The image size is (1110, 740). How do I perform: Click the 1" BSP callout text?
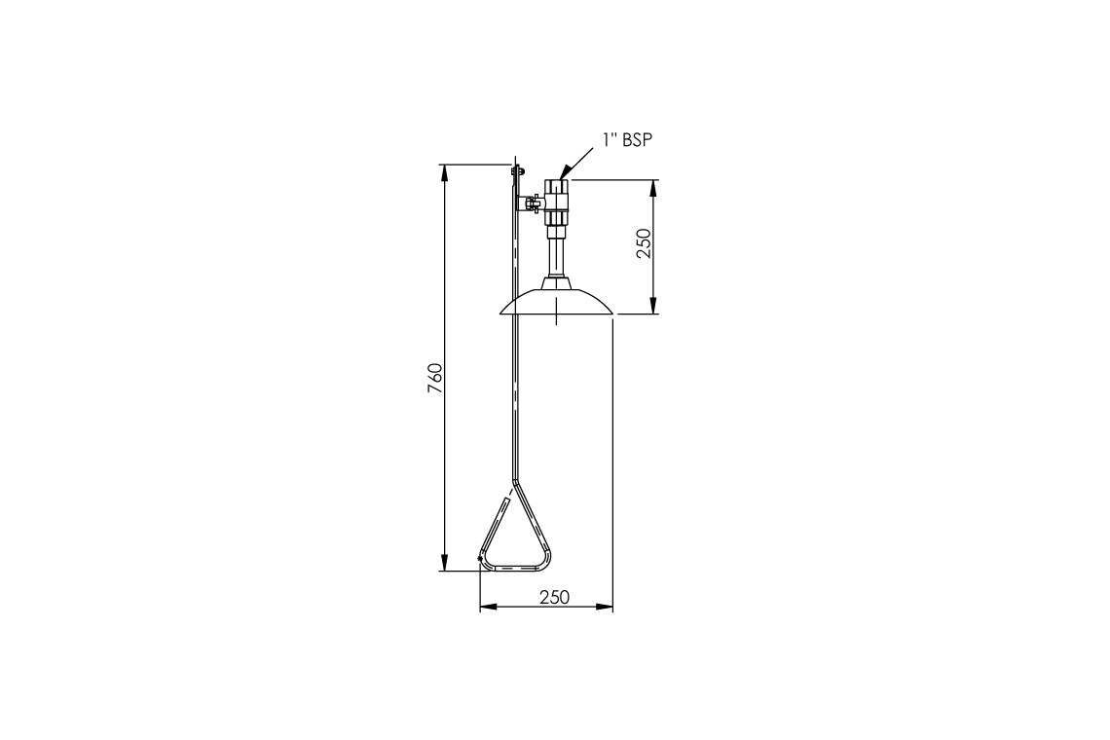tap(627, 140)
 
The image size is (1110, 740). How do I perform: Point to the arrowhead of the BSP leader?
tap(564, 172)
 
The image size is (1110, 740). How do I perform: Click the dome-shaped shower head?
tap(556, 302)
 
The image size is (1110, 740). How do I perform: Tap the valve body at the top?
tap(556, 203)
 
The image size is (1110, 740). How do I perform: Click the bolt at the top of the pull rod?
tap(517, 170)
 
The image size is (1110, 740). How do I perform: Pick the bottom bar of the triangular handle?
tap(515, 568)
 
